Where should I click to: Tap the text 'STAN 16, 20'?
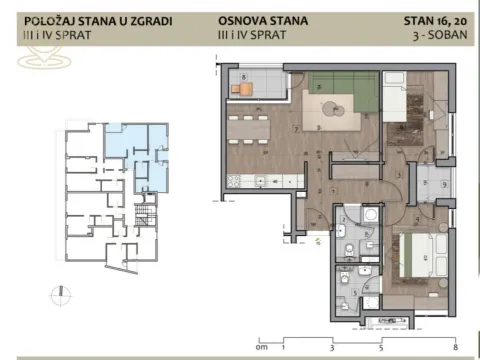pyautogui.click(x=435, y=18)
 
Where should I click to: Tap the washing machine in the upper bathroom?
pyautogui.click(x=369, y=219)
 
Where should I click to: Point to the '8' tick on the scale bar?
pyautogui.click(x=455, y=348)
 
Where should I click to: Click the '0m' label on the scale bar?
pyautogui.click(x=262, y=348)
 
